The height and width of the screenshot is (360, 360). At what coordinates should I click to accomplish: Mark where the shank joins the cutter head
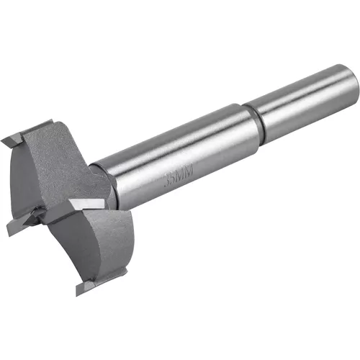point(108,180)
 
